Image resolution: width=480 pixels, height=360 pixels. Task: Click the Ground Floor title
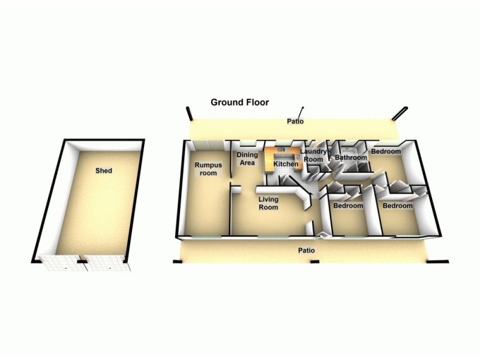(239, 102)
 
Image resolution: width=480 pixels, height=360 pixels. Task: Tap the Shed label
(104, 170)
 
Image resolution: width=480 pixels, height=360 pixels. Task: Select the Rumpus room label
(208, 169)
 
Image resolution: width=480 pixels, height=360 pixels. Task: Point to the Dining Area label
(247, 158)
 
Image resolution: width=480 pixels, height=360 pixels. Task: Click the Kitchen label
(286, 164)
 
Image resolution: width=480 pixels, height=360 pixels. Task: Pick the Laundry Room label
(313, 155)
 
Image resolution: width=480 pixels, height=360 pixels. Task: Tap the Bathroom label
(351, 157)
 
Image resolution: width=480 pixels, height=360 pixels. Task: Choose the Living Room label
(268, 203)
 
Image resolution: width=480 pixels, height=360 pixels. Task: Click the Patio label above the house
(295, 121)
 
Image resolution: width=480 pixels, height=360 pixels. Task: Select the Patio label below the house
(307, 250)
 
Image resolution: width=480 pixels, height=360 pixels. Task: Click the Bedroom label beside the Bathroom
(386, 151)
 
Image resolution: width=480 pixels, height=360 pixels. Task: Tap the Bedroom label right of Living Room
(348, 205)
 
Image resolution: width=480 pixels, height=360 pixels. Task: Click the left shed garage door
(64, 263)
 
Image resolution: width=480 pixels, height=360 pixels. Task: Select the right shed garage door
(106, 263)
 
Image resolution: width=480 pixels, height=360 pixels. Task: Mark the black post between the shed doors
(82, 262)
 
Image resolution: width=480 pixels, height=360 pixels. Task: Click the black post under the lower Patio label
(314, 262)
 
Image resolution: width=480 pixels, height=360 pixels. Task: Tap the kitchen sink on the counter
(282, 149)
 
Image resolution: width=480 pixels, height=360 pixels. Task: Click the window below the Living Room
(273, 236)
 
